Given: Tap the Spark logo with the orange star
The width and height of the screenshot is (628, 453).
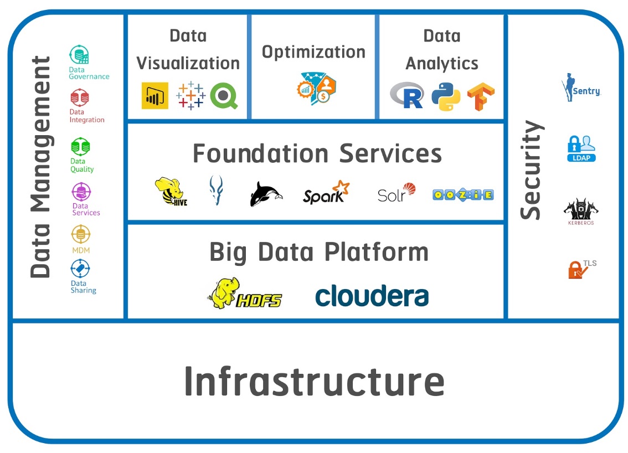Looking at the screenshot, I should [x=326, y=192].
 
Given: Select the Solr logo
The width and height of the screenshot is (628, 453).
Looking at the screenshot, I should [x=396, y=192].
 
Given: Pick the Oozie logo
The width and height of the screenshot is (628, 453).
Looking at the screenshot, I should [x=463, y=194].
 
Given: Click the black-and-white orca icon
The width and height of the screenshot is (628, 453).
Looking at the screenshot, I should [x=266, y=194].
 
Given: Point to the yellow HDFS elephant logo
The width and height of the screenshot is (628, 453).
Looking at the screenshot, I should [x=244, y=294].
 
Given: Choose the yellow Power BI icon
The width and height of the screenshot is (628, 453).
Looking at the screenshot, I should [x=155, y=96].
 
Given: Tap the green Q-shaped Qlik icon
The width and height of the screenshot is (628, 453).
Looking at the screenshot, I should [x=224, y=95].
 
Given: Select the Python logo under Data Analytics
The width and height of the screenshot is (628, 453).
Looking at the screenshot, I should [x=446, y=96].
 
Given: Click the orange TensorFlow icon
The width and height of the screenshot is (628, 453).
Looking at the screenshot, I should [x=480, y=97].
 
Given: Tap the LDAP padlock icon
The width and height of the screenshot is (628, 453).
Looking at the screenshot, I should [x=581, y=148].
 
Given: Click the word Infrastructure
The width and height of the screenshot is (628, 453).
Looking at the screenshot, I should [x=314, y=380].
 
